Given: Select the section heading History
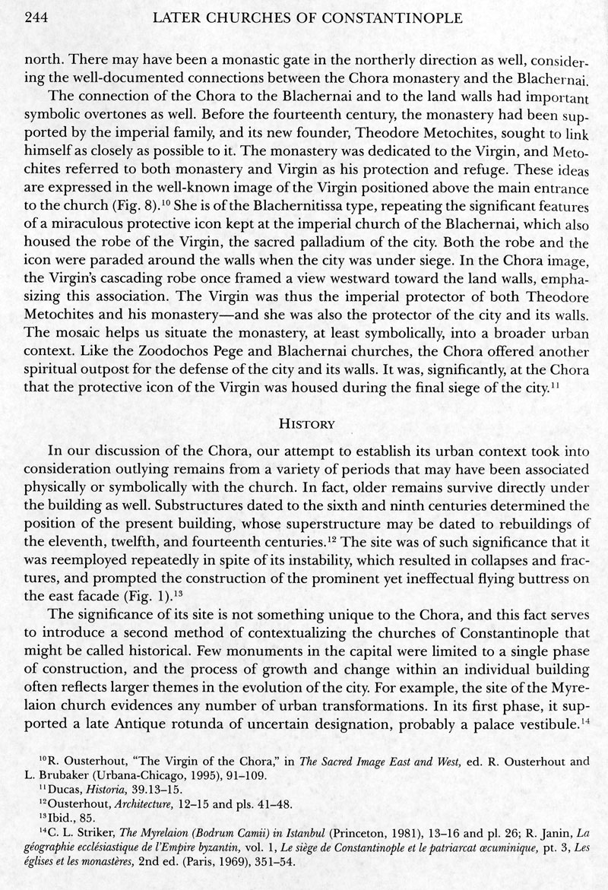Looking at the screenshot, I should click(303, 422).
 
